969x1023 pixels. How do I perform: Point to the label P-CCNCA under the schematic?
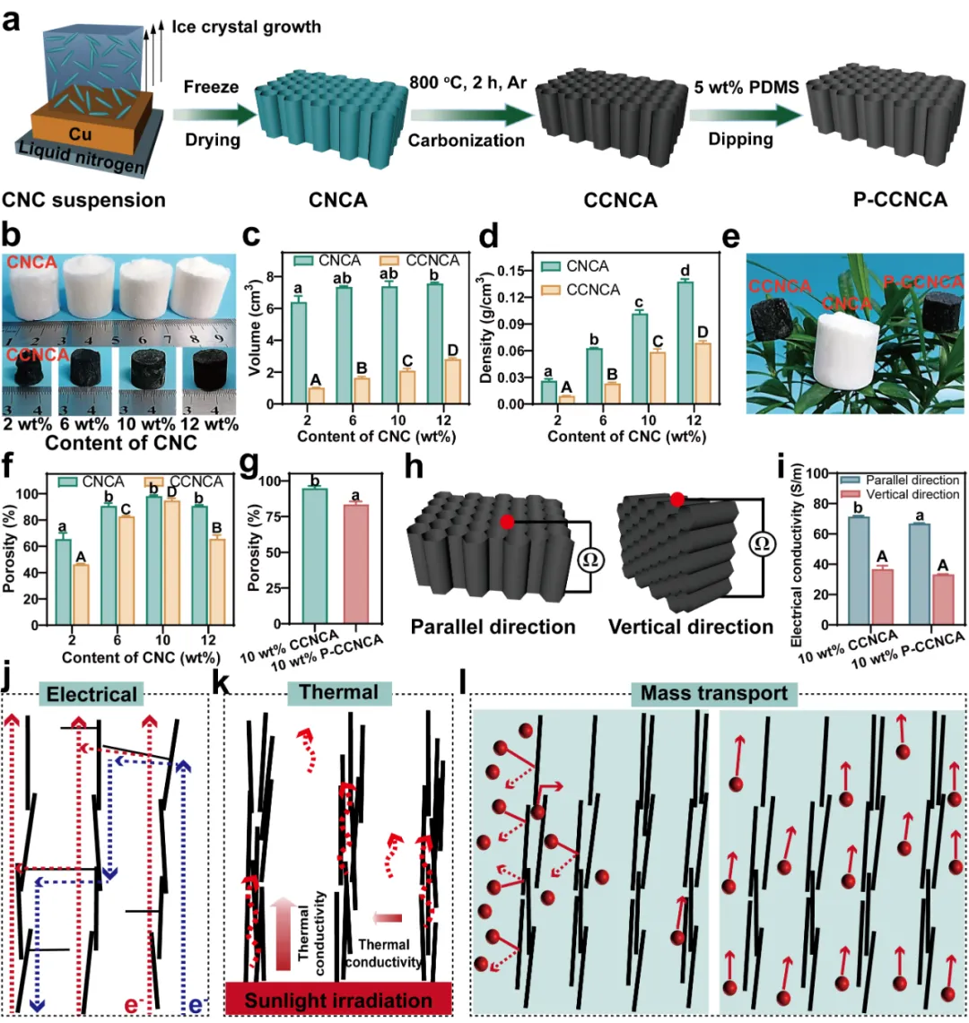(x=900, y=199)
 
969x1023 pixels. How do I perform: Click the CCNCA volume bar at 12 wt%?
(x=452, y=381)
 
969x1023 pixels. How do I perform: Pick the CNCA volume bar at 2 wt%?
(x=299, y=353)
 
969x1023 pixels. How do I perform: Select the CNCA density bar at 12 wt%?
(x=685, y=342)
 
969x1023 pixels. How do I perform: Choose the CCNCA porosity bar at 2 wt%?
(x=81, y=594)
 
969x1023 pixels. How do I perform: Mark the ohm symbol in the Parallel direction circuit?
(x=590, y=559)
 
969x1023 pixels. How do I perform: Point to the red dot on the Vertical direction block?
(x=677, y=499)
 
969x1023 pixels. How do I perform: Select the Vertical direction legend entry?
(x=900, y=495)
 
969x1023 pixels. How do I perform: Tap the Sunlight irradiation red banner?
(x=338, y=999)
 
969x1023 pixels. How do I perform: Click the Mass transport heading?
(x=714, y=693)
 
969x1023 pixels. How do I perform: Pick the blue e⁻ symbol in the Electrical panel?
(x=196, y=1005)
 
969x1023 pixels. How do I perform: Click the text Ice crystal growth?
(x=246, y=27)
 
